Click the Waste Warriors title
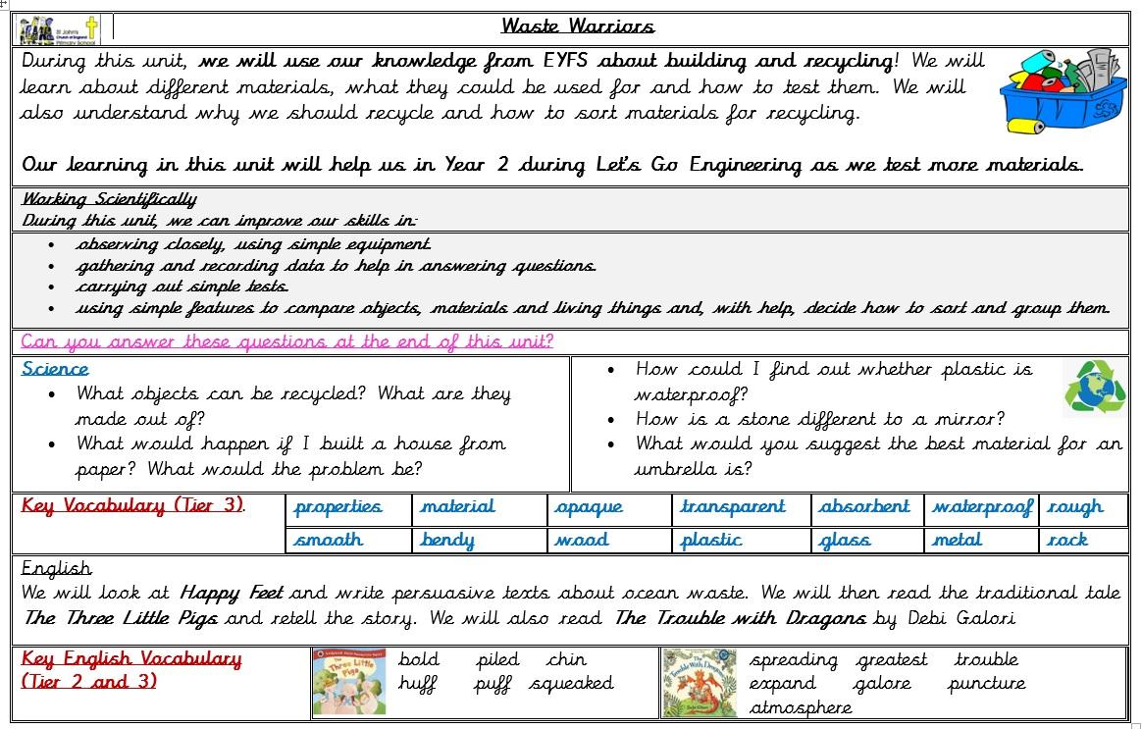pos(577,26)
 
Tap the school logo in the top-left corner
pos(59,29)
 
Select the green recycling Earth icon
pos(1094,388)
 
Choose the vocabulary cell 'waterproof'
pos(981,507)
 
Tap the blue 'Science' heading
pos(55,369)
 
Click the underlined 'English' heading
pos(56,569)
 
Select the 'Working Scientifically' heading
pos(109,200)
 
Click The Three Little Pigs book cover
pos(348,682)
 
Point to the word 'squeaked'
pos(571,684)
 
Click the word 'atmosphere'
pos(801,707)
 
